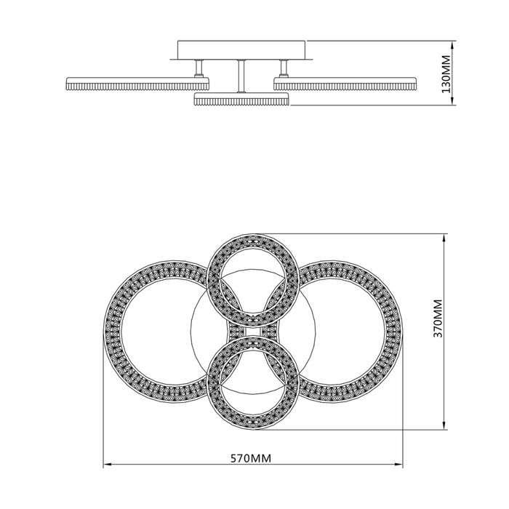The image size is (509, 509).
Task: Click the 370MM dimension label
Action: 438,318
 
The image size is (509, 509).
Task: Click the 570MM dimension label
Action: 251,458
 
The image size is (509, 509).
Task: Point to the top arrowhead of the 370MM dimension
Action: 444,237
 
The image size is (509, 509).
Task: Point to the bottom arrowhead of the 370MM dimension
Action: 444,425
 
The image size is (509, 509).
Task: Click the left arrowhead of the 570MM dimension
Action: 107,465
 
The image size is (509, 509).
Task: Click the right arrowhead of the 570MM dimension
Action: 398,465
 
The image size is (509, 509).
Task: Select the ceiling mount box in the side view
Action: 241,50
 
